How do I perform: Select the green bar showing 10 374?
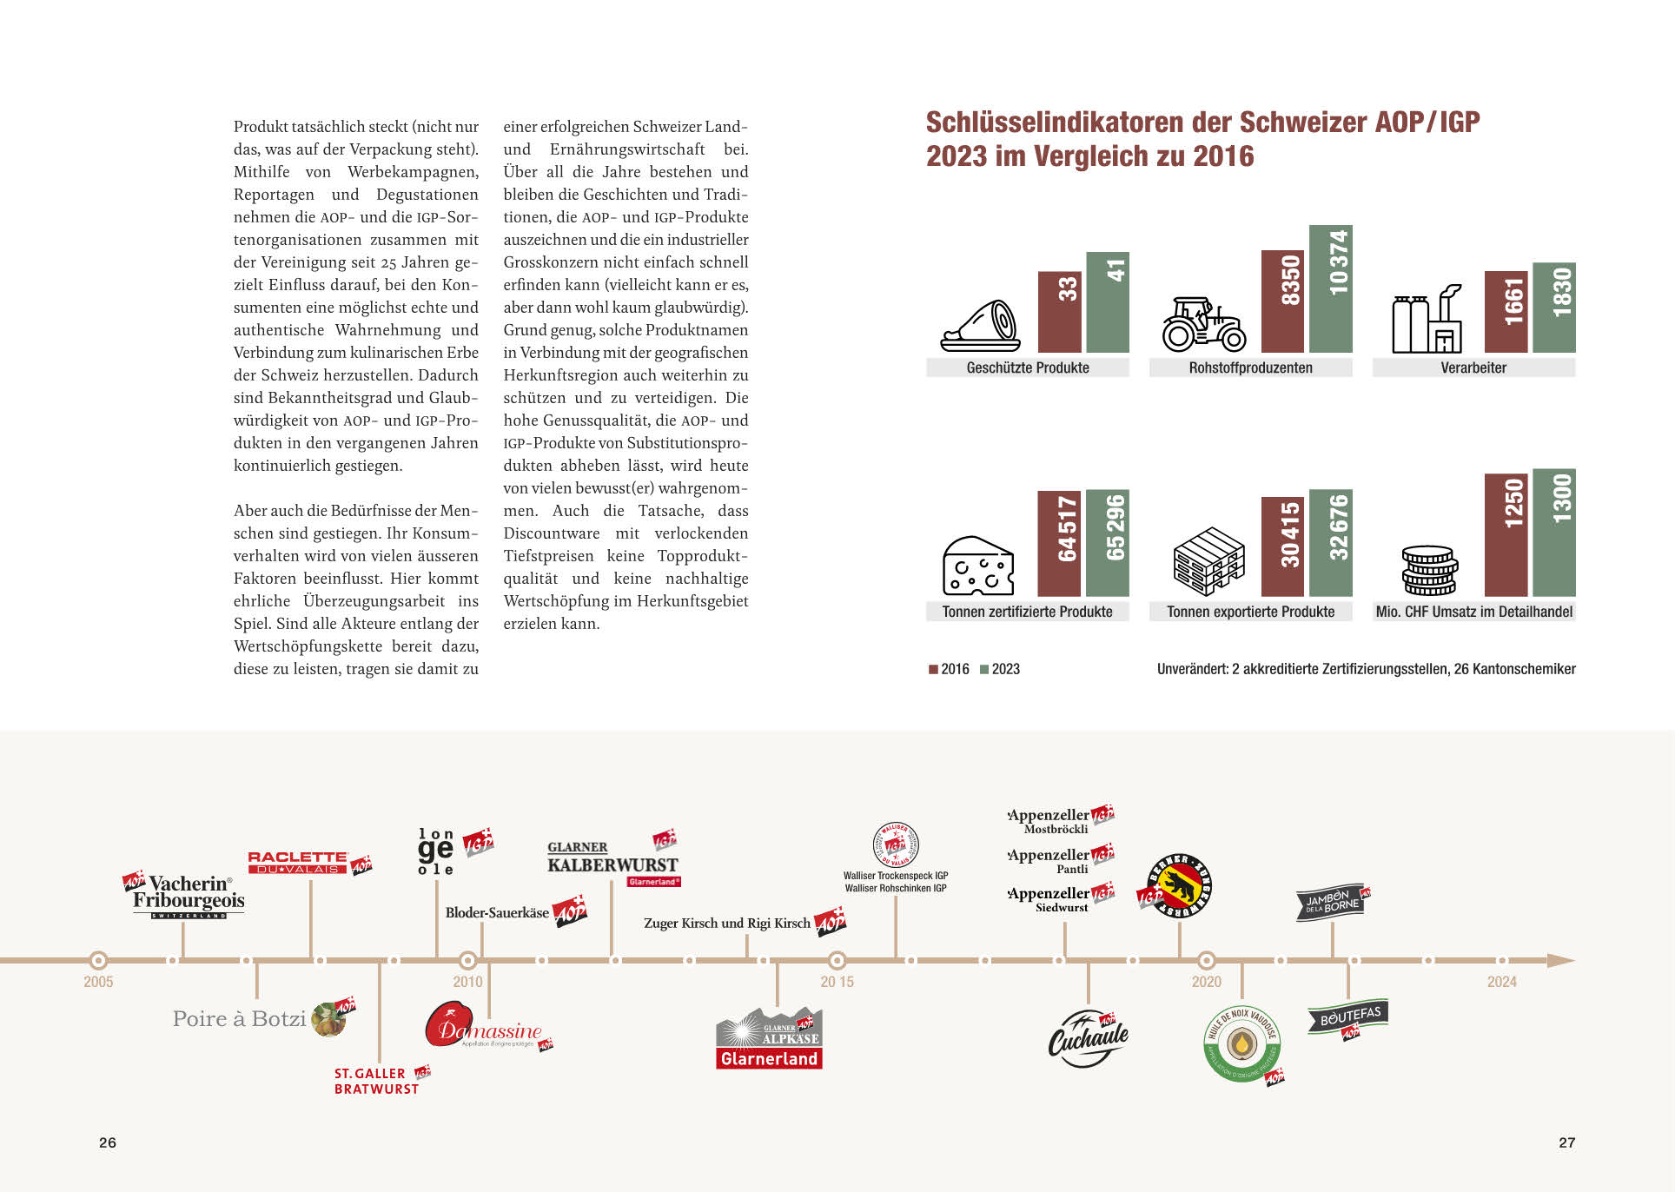[x=1331, y=288]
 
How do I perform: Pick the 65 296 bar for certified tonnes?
[x=1108, y=542]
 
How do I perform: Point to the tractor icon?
[x=1203, y=324]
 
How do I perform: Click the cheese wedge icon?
[x=978, y=566]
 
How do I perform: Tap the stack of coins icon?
[x=1428, y=570]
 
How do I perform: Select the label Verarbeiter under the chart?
[x=1473, y=368]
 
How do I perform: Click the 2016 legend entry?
[x=949, y=669]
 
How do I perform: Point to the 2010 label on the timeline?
[x=467, y=982]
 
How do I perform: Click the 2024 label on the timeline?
[x=1501, y=982]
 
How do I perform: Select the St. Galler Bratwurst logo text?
[x=376, y=1081]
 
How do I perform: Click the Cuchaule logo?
[x=1088, y=1038]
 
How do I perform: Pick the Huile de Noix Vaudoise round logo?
[x=1242, y=1043]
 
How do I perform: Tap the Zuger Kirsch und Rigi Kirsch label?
[x=726, y=923]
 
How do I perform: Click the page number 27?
[x=1566, y=1142]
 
